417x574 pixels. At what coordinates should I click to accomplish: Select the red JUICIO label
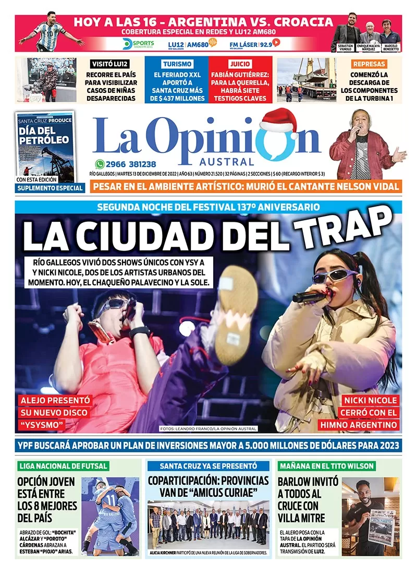click(x=239, y=64)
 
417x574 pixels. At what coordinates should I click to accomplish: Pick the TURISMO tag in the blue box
click(x=177, y=64)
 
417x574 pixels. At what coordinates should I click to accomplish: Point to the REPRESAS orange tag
click(x=369, y=64)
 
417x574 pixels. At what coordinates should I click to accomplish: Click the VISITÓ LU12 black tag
click(x=110, y=64)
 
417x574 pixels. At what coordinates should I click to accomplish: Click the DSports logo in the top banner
click(x=138, y=44)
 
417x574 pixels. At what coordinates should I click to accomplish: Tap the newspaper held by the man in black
click(x=381, y=527)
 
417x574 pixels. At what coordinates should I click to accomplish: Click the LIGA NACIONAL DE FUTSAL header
click(x=63, y=465)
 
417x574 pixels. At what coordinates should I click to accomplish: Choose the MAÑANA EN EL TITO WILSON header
click(x=327, y=465)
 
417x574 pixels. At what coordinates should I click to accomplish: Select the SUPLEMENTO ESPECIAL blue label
click(x=50, y=188)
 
